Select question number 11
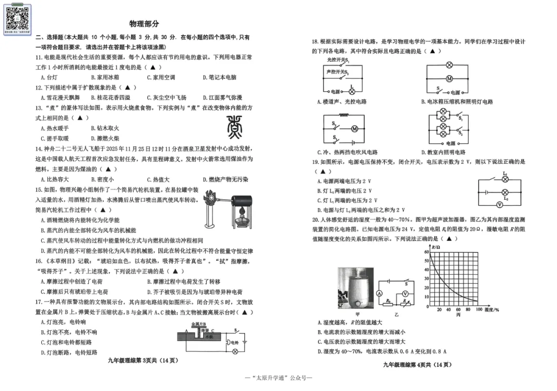point(39,57)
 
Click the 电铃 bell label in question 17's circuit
point(235,342)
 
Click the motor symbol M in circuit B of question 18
point(449,78)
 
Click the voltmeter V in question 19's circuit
point(505,204)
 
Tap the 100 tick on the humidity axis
point(479,310)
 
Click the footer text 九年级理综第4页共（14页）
point(417,365)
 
